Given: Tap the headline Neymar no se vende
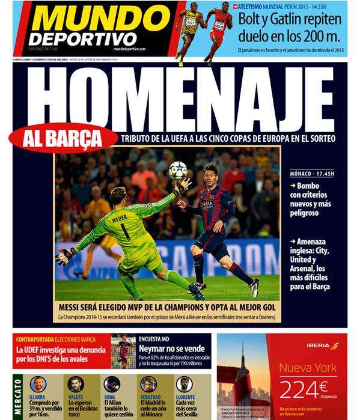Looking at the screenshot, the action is point(175,347).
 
